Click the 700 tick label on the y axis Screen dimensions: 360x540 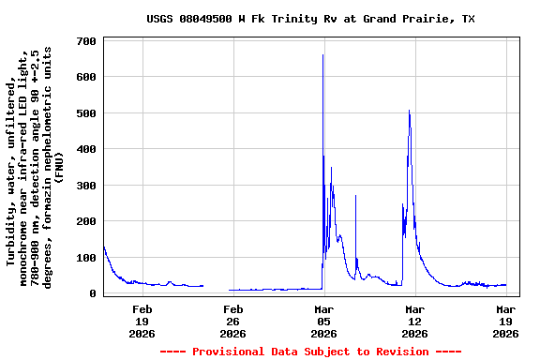86,41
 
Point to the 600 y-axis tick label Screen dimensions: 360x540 86,77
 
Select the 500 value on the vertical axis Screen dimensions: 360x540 86,113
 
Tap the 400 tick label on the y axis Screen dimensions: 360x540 86,150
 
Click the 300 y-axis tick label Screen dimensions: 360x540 86,186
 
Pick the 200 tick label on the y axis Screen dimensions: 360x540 86,222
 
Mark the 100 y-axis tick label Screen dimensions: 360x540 86,258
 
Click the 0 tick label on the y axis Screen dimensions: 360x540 93,293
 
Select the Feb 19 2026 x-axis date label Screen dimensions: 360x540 142,321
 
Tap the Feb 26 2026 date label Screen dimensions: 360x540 232,321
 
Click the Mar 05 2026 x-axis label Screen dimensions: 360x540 323,321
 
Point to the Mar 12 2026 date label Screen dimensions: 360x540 414,321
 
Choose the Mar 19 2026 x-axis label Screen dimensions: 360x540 505,321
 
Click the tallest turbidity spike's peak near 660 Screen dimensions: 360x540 322,55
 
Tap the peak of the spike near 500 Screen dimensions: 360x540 409,111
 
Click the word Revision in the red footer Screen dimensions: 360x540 399,352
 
